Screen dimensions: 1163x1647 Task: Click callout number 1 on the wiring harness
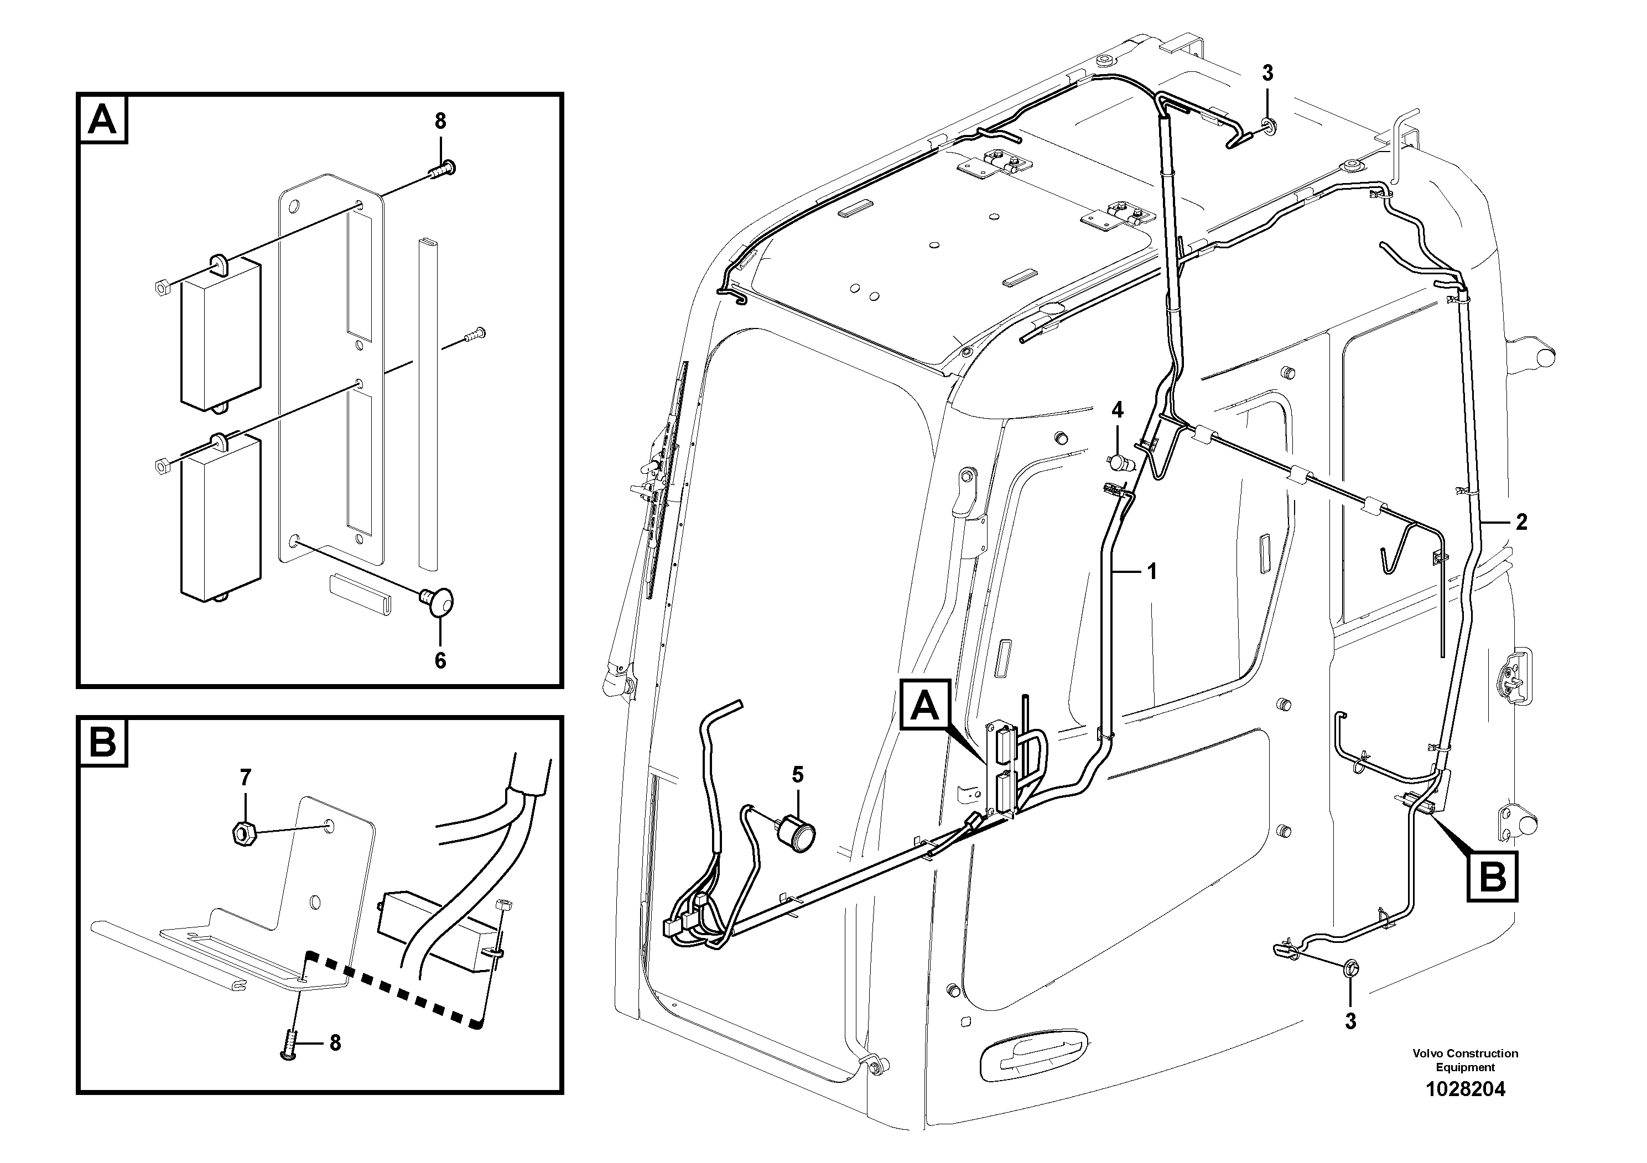point(1152,571)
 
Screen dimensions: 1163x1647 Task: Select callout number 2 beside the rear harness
point(1521,522)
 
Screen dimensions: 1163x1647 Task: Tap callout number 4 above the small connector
point(1117,410)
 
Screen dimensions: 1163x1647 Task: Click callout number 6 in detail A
point(440,660)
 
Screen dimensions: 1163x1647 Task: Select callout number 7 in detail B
point(245,776)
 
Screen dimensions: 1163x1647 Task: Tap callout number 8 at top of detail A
point(440,121)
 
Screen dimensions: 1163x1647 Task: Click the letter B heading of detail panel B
point(102,743)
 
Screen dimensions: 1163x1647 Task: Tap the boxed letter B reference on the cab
point(1492,876)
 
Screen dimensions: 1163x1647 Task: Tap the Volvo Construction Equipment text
point(1465,1060)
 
